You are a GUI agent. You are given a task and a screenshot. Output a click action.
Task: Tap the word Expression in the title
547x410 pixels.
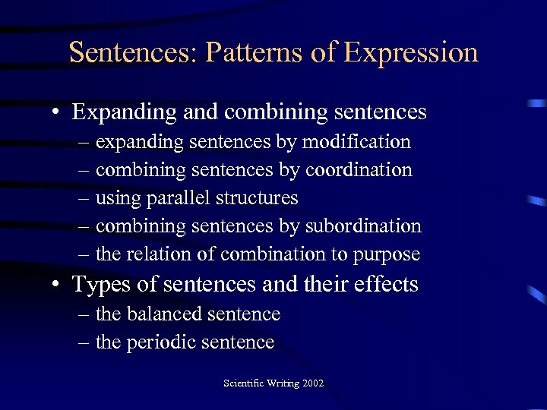(410, 52)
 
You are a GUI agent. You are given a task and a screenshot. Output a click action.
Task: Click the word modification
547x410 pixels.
(356, 142)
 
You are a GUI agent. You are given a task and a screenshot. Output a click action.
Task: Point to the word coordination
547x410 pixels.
(359, 170)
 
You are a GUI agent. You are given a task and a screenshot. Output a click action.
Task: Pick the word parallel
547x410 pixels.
(182, 198)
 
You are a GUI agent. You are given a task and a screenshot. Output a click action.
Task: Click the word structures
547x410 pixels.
(257, 198)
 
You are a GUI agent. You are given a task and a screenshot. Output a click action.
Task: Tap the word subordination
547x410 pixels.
(363, 226)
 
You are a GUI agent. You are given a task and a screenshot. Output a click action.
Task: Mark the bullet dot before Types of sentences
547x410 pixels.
(57, 285)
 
